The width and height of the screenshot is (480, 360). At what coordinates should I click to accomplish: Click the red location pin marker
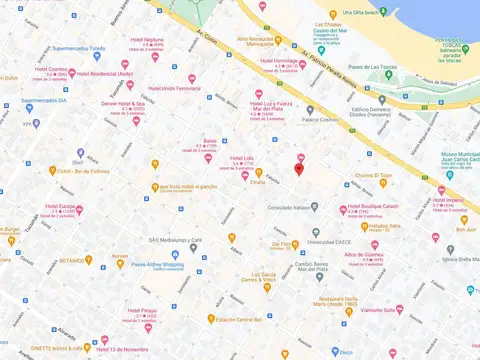tap(299, 168)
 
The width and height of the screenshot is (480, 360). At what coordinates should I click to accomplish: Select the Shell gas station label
tap(78, 161)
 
